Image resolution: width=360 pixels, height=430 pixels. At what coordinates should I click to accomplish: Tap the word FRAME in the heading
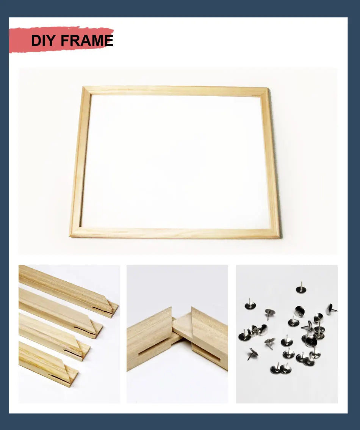87,41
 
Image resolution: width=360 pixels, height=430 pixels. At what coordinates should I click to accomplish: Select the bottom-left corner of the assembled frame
75,232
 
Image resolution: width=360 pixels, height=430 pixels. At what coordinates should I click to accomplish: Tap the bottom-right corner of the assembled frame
275,233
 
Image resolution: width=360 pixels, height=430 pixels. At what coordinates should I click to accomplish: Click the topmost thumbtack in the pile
301,288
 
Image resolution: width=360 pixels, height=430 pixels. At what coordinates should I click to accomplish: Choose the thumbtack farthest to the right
331,309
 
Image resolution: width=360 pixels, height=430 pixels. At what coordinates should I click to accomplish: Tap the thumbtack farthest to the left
244,335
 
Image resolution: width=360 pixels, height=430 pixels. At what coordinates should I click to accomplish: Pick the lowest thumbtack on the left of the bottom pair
275,369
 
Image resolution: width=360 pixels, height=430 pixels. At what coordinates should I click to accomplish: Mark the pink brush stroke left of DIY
20,40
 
